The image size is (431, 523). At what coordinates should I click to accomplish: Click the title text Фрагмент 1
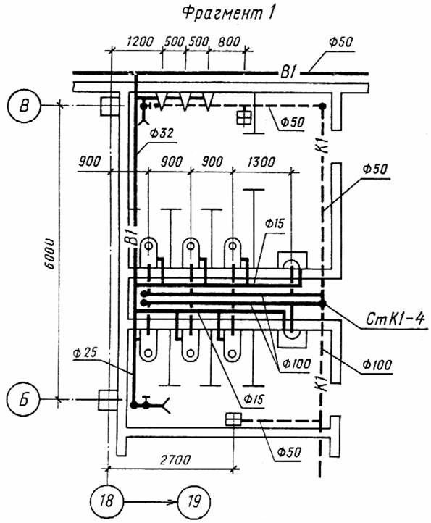pyautogui.click(x=229, y=14)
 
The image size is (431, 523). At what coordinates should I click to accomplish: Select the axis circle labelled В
pyautogui.click(x=24, y=106)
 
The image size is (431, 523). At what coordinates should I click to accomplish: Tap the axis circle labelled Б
pyautogui.click(x=24, y=399)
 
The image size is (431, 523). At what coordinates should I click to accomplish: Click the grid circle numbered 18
pyautogui.click(x=106, y=501)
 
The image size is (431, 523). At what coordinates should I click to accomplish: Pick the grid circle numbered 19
pyautogui.click(x=194, y=501)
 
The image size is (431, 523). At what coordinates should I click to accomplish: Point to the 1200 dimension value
pyautogui.click(x=140, y=42)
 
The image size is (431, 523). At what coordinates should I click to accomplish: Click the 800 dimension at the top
pyautogui.click(x=229, y=42)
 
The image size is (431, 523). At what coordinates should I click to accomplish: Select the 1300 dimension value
pyautogui.click(x=261, y=162)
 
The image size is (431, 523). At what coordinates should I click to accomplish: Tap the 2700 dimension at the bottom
pyautogui.click(x=175, y=460)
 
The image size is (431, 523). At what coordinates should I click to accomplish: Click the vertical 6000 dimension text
pyautogui.click(x=50, y=254)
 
